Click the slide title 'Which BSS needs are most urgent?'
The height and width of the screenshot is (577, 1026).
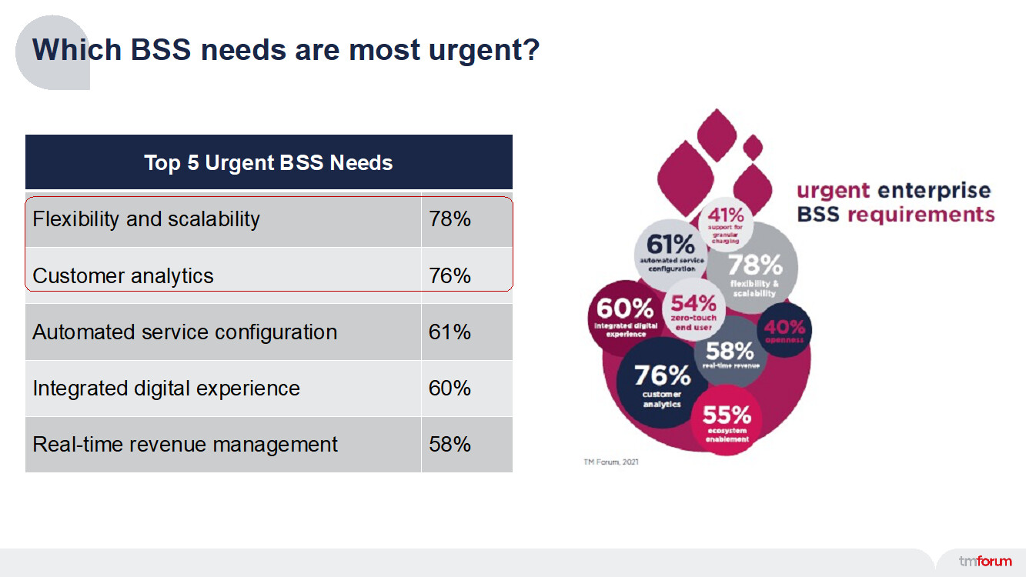[286, 51]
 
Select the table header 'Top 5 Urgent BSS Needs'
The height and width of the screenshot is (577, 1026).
[269, 162]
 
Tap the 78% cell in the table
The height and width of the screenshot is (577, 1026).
[450, 219]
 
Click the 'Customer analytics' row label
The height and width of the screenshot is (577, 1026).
[123, 275]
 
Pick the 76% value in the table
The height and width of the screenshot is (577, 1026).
[450, 275]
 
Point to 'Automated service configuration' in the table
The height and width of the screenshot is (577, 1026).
[185, 332]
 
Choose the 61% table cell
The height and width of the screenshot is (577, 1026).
[450, 332]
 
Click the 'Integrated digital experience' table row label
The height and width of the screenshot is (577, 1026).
[166, 389]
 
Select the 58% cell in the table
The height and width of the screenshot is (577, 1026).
[450, 445]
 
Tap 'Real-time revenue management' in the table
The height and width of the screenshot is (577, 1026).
[185, 445]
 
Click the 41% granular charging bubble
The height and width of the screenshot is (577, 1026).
[726, 223]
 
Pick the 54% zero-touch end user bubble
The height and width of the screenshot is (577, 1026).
[692, 310]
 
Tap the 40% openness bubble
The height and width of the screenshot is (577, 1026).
[784, 329]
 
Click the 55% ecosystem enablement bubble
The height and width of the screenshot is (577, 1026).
[727, 422]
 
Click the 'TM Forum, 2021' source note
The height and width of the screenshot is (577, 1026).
[610, 462]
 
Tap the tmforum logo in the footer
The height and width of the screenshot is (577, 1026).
[984, 561]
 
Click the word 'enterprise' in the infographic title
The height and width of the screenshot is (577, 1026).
[934, 190]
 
